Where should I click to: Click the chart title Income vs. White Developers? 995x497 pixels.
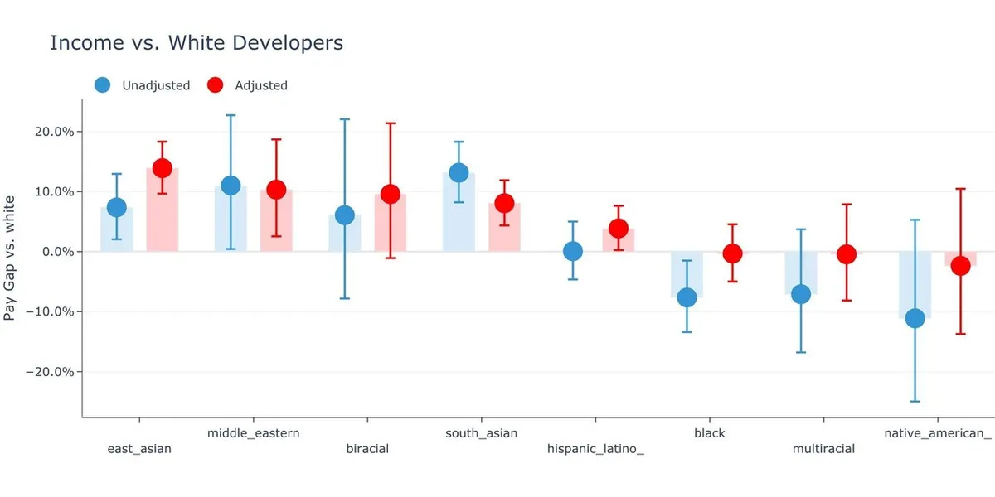[x=197, y=43]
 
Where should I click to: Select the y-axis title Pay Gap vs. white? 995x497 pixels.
[x=10, y=258]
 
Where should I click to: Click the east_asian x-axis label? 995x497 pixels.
[x=139, y=449]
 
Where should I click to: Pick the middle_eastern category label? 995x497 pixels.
[x=253, y=432]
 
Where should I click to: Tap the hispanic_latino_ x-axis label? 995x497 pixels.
[x=595, y=449]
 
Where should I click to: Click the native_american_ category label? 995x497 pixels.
[x=937, y=432]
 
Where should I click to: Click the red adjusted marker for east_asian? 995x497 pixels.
[x=162, y=168]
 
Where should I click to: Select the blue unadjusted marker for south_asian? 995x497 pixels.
[x=459, y=172]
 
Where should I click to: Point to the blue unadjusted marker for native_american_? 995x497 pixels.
[x=915, y=318]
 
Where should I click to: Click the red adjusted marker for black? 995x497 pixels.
[x=732, y=253]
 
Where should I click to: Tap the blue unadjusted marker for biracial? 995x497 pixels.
[x=344, y=215]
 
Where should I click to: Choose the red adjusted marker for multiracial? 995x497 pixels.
[x=846, y=254]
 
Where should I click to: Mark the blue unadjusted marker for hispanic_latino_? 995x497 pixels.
[x=573, y=251]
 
